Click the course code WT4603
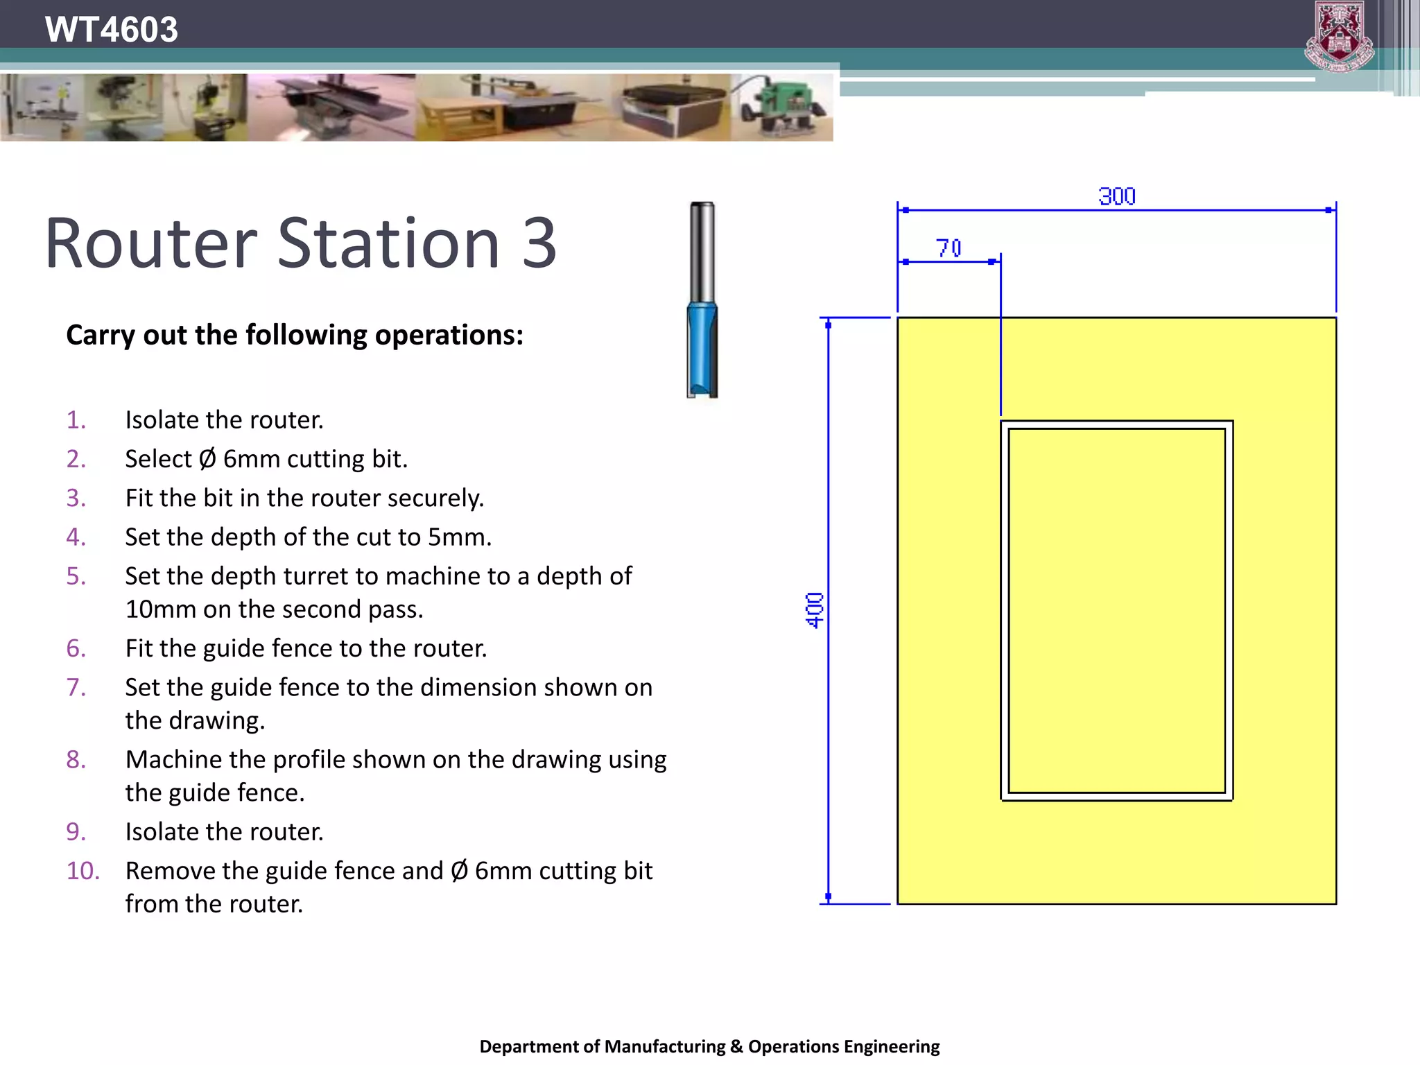tap(111, 30)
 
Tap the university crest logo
tap(1339, 36)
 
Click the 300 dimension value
tap(1116, 197)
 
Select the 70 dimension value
tap(949, 248)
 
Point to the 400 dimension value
tap(815, 610)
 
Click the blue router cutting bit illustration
tap(702, 350)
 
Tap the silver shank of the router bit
tap(702, 250)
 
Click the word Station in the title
tap(388, 243)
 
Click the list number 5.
tap(76, 576)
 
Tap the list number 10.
tap(83, 871)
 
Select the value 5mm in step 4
tap(458, 537)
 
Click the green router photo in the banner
tap(783, 107)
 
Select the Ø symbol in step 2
tap(207, 459)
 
